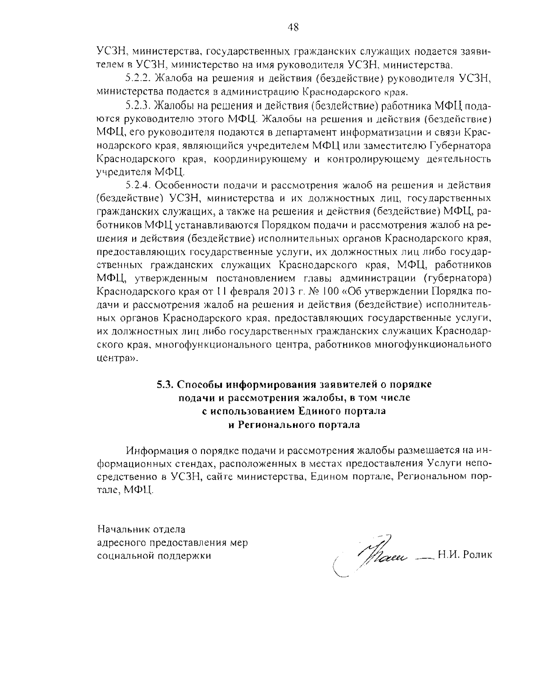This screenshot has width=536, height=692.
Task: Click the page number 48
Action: click(293, 27)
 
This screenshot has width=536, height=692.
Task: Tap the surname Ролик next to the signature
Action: click(477, 555)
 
